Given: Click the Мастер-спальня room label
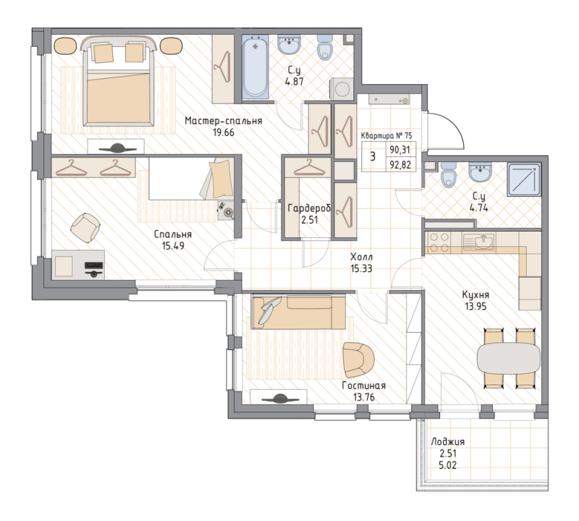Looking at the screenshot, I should pos(222,121).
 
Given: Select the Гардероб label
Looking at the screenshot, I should pos(309,208).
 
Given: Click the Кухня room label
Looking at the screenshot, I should pos(477,295).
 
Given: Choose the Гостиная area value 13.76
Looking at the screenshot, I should pos(363,397).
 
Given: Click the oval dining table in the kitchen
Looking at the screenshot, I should pos(508,357).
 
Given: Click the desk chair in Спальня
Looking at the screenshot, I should pos(85,227).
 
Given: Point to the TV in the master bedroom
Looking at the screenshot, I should pos(116,148).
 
